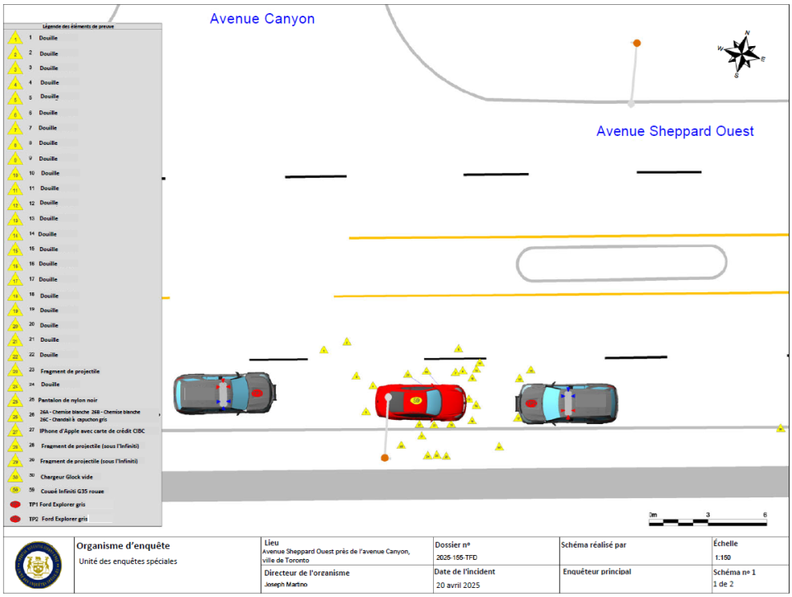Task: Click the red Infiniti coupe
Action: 420,402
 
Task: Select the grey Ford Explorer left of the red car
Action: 225,393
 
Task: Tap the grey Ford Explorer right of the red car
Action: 567,403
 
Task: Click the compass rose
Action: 743,55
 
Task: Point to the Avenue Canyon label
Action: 262,19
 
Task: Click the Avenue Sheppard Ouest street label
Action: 675,131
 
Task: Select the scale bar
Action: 709,521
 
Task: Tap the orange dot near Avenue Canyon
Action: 636,43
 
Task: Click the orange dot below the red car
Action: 384,458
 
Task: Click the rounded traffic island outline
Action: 622,264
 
